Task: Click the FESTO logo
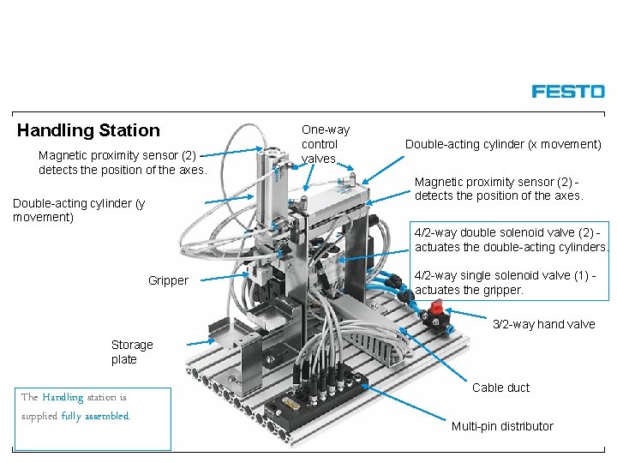pos(567,91)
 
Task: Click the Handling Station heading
pos(88,130)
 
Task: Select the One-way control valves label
pos(325,144)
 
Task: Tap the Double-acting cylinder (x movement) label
pos(503,144)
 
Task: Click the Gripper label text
pos(168,280)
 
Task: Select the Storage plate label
pos(132,352)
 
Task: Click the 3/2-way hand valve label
pos(543,324)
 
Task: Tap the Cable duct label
pos(500,388)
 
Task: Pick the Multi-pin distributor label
pos(502,426)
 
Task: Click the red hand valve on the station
pos(435,309)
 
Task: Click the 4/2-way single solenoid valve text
pos(505,282)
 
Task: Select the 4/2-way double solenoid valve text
pos(512,239)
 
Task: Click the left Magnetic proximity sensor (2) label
pos(123,162)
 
